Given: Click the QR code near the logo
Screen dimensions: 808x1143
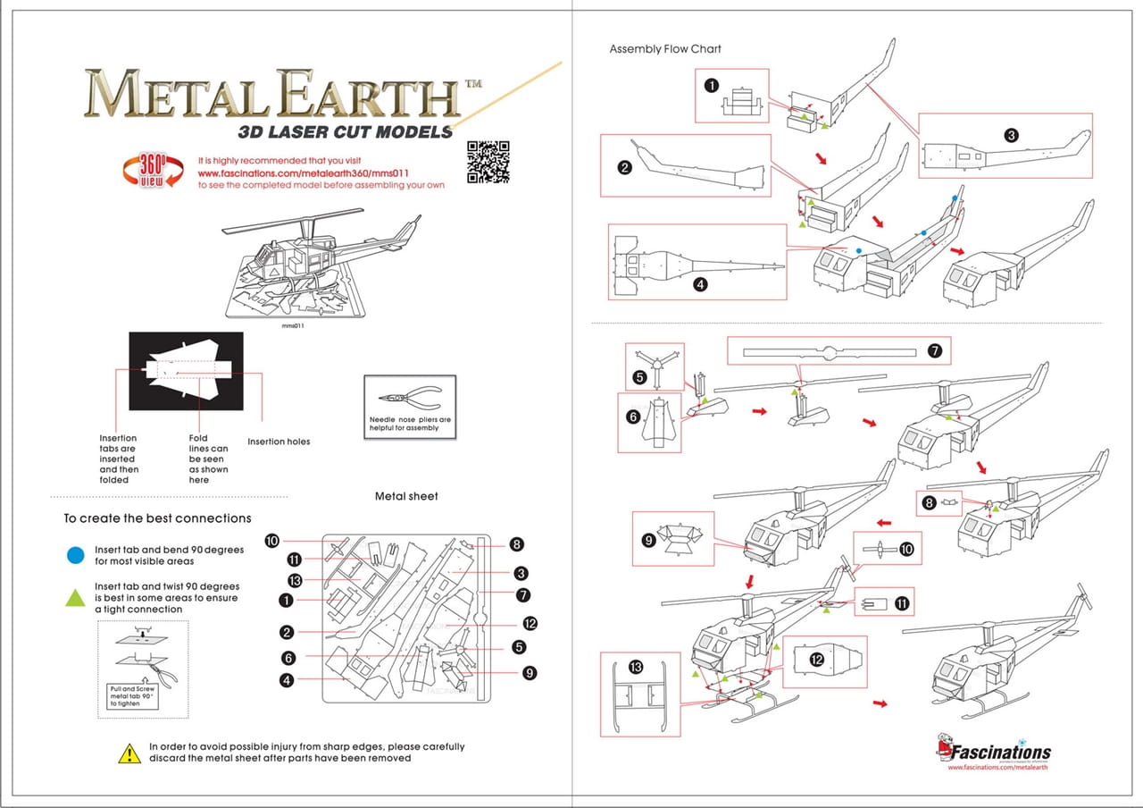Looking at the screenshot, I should (x=488, y=161).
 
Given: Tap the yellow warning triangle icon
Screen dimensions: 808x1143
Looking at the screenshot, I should (x=129, y=753).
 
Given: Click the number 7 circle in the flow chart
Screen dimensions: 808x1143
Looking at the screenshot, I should (x=934, y=351).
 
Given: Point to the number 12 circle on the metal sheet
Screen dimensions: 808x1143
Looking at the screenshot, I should (x=530, y=624).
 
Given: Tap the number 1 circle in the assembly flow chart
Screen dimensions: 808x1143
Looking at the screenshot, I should (x=711, y=86).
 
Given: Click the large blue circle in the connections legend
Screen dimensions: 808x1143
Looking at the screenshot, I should (x=76, y=555).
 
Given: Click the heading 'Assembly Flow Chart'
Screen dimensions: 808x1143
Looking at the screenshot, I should (x=665, y=48).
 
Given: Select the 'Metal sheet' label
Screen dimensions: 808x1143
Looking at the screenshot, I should (x=406, y=496).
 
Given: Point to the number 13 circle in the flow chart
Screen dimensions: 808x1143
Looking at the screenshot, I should (x=636, y=668).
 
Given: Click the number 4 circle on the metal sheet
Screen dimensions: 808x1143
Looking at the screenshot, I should (x=287, y=680).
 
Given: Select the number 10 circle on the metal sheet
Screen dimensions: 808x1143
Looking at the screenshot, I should (x=272, y=540).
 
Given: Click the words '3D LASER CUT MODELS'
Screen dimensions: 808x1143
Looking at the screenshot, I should (x=346, y=131).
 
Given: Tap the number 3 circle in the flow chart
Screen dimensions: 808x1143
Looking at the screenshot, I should (x=1011, y=136).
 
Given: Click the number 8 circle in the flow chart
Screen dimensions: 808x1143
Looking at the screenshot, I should (x=929, y=503).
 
